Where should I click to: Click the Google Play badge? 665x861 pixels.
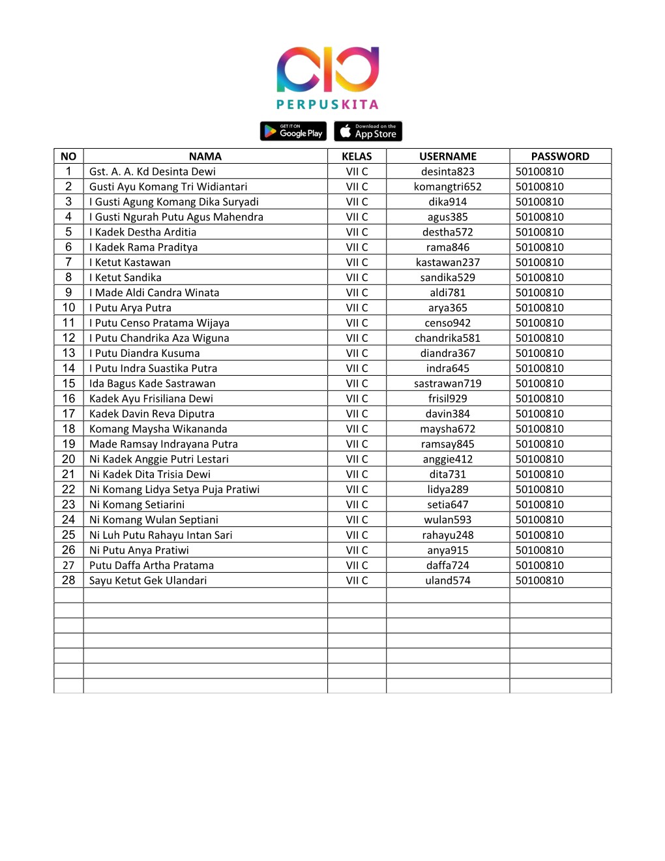pyautogui.click(x=294, y=132)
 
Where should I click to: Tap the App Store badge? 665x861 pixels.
pyautogui.click(x=368, y=132)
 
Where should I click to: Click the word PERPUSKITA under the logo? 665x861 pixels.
pyautogui.click(x=327, y=104)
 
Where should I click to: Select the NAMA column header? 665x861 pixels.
pyautogui.click(x=205, y=157)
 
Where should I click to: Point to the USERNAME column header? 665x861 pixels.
pyautogui.click(x=448, y=157)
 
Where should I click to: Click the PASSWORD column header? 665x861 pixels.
pyautogui.click(x=560, y=157)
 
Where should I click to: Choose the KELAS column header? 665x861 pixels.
pyautogui.click(x=357, y=157)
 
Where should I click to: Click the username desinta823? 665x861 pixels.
pyautogui.click(x=448, y=172)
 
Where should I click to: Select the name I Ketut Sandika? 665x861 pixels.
pyautogui.click(x=125, y=278)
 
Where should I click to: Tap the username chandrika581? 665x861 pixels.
pyautogui.click(x=448, y=339)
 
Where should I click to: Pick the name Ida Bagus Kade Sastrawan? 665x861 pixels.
pyautogui.click(x=152, y=384)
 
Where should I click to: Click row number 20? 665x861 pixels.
pyautogui.click(x=68, y=459)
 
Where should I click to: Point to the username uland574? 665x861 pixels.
pyautogui.click(x=448, y=581)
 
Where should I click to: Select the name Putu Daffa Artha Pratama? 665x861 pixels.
pyautogui.click(x=151, y=566)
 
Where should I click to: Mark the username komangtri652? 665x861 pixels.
pyautogui.click(x=448, y=187)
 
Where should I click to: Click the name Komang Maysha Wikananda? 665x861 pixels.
pyautogui.click(x=158, y=429)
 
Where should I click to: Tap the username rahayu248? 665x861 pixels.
pyautogui.click(x=448, y=536)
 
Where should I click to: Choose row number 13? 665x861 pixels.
pyautogui.click(x=68, y=354)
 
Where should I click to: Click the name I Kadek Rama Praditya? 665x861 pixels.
pyautogui.click(x=143, y=248)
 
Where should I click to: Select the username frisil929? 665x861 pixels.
pyautogui.click(x=448, y=399)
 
